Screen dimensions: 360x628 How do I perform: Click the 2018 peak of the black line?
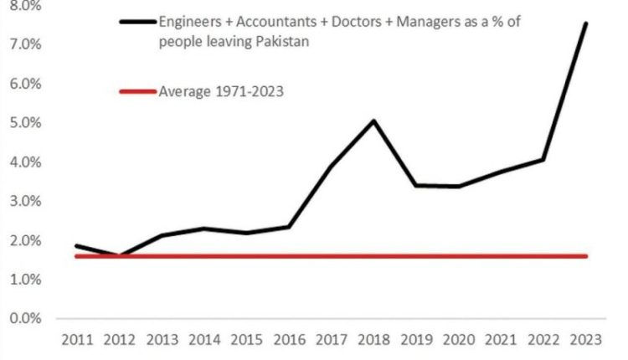point(373,121)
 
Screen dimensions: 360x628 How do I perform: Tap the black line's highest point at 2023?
point(586,23)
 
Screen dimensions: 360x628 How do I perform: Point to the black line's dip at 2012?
point(118,255)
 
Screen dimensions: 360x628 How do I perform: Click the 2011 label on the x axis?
point(75,341)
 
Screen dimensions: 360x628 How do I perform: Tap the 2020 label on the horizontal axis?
point(459,341)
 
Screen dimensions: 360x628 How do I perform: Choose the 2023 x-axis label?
point(586,341)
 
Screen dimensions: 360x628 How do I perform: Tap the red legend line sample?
point(130,91)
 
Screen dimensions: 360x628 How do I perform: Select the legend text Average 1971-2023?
point(221,91)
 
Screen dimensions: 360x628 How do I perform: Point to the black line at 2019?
point(416,185)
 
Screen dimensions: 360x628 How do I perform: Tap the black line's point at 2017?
point(331,167)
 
